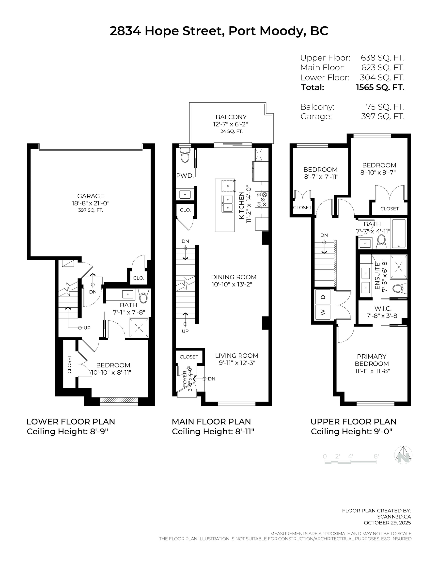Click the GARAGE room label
tap(90, 196)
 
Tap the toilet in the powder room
tap(185, 155)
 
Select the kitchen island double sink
tap(227, 204)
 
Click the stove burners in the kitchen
tap(262, 199)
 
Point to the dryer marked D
tap(323, 297)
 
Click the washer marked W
tap(323, 312)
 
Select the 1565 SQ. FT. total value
tap(380, 87)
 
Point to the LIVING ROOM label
tap(236, 356)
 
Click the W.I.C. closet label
tap(383, 308)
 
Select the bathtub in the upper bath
tap(399, 234)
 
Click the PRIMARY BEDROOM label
tap(372, 360)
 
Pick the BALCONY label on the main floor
tap(231, 117)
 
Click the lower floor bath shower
tap(139, 328)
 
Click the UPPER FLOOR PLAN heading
tap(353, 422)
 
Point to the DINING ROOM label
tap(234, 277)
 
